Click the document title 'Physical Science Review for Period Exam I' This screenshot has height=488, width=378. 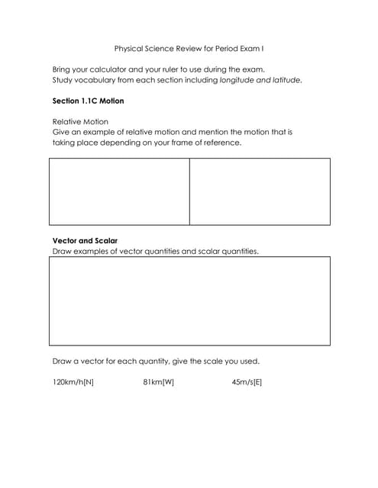click(x=189, y=48)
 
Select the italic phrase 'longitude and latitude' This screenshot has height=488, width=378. click(x=260, y=79)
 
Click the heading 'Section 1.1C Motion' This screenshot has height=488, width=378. click(x=88, y=101)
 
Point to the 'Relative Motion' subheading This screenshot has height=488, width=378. click(x=80, y=121)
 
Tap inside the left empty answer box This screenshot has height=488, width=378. click(x=119, y=191)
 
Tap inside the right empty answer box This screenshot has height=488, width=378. click(x=260, y=191)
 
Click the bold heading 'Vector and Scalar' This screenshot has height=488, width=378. click(x=85, y=240)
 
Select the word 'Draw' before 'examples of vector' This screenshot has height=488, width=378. click(x=61, y=251)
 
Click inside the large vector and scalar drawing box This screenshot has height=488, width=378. click(x=189, y=301)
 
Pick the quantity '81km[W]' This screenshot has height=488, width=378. click(x=158, y=381)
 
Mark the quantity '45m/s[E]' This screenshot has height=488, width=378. click(x=246, y=381)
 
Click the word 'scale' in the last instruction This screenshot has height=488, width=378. click(x=215, y=361)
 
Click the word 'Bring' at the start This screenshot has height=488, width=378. click(x=62, y=69)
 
